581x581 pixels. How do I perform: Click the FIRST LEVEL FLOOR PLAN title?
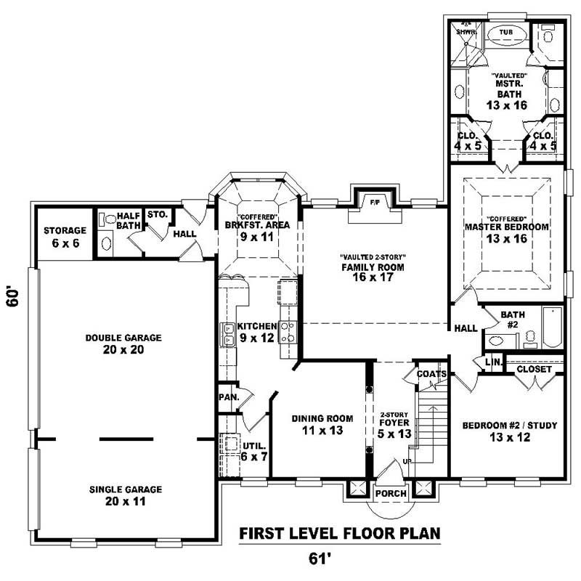tap(340, 534)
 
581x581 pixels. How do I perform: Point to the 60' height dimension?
tap(13, 298)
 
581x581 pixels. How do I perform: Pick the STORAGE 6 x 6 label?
tap(65, 237)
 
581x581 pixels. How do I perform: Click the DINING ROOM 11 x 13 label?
tap(322, 425)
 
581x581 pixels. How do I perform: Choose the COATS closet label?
tap(431, 374)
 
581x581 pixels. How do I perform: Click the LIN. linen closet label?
tap(492, 361)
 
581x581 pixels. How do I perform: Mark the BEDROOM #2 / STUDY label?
tap(509, 431)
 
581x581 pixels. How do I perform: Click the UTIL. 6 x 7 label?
tap(254, 452)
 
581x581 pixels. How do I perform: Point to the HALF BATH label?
tap(128, 221)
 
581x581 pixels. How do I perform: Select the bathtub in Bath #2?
tap(553, 328)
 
